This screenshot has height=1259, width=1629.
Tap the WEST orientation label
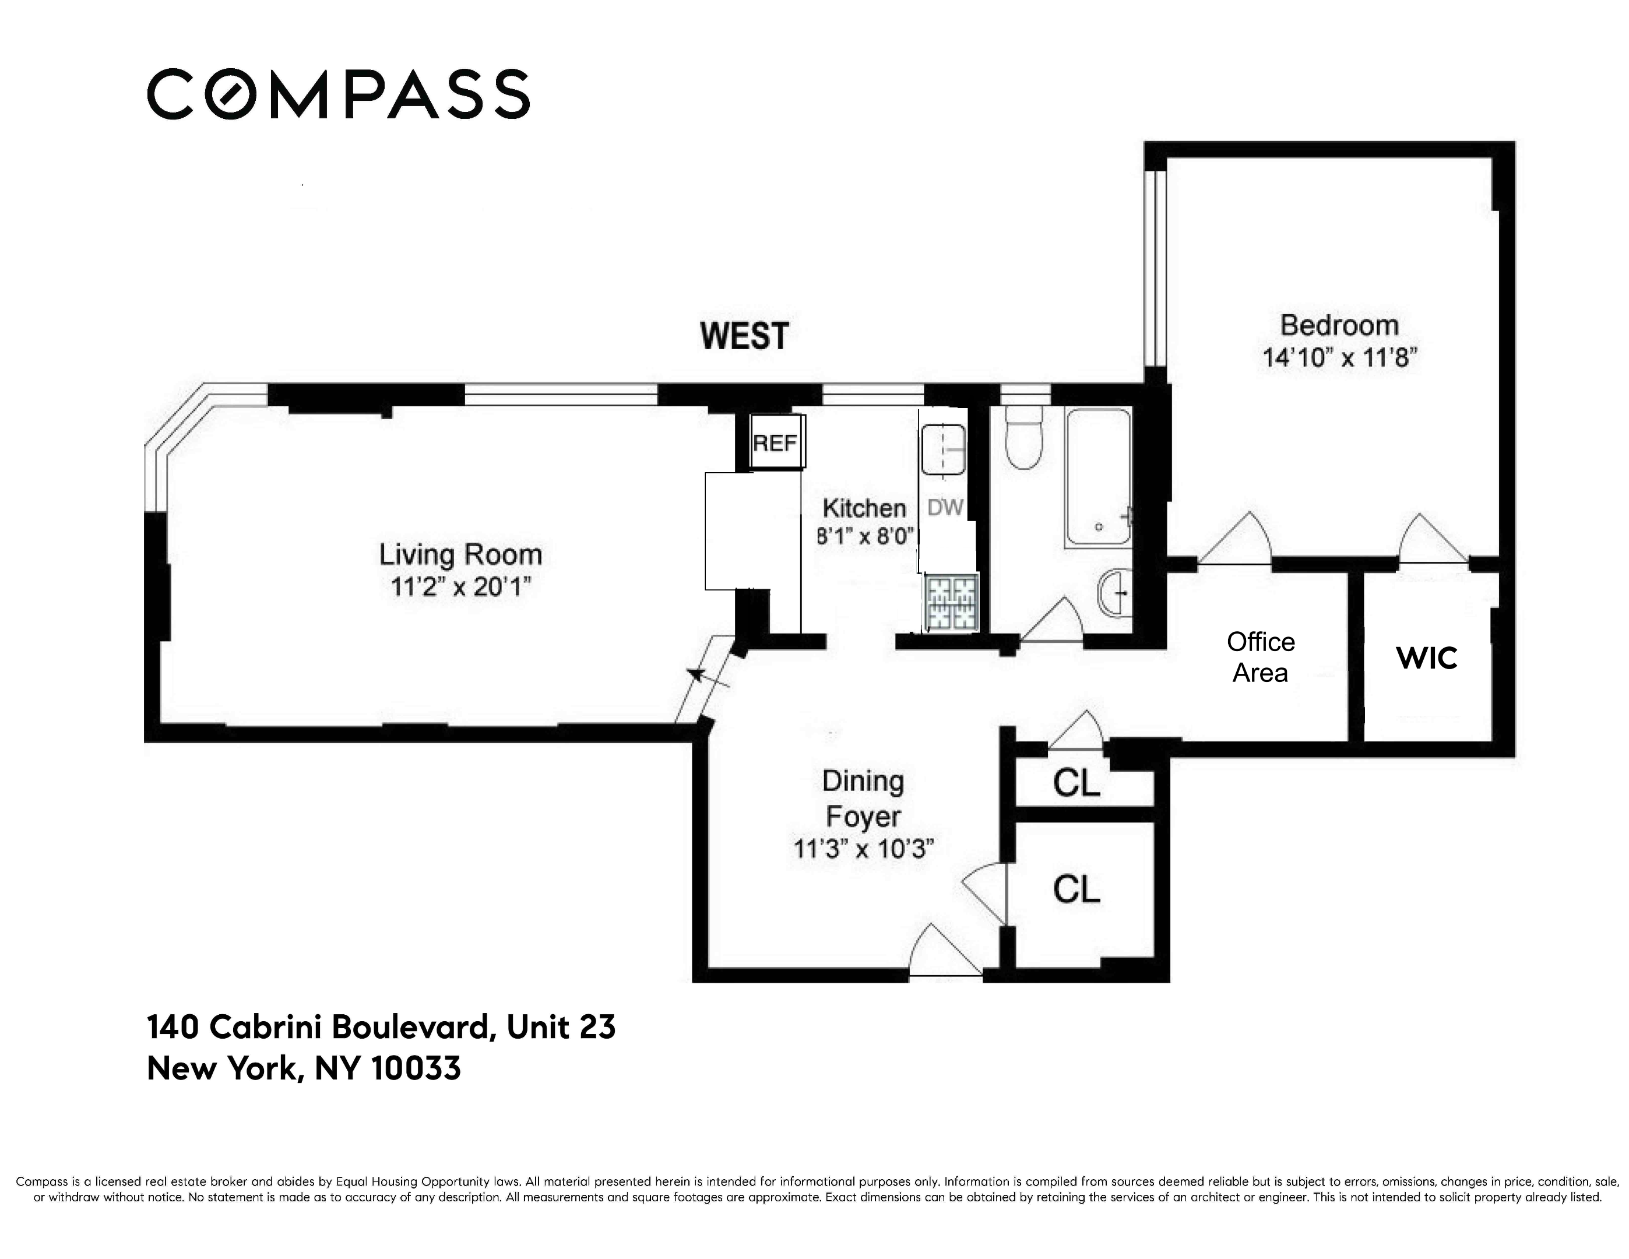[x=744, y=336]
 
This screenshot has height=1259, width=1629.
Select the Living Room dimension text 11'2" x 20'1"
[x=460, y=587]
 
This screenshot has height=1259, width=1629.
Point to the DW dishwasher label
[x=944, y=508]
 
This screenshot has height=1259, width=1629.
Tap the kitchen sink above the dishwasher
[x=943, y=449]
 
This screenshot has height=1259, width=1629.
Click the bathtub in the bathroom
[x=1098, y=477]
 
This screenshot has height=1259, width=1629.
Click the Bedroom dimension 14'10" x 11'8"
[x=1339, y=358]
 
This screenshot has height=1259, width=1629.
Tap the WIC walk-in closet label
[x=1426, y=659]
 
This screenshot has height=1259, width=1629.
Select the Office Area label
[x=1261, y=657]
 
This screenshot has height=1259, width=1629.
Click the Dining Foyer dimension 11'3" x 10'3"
[x=863, y=849]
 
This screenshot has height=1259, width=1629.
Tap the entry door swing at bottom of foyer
[x=944, y=953]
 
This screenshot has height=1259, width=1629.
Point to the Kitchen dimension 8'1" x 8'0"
[x=864, y=536]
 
